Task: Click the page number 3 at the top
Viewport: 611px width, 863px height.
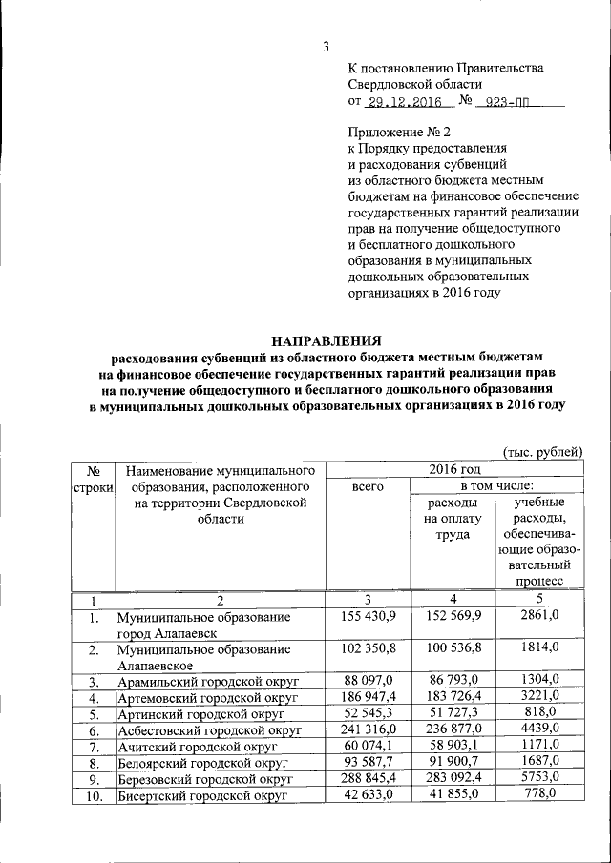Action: click(325, 47)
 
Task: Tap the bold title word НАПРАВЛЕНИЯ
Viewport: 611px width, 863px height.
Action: click(326, 339)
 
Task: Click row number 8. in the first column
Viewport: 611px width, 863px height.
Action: click(93, 764)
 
